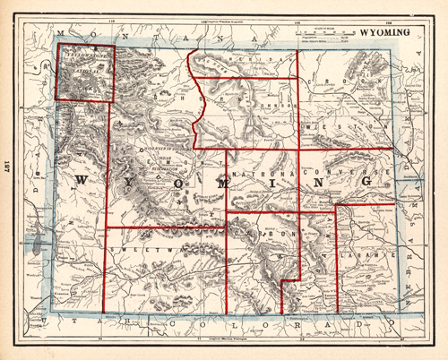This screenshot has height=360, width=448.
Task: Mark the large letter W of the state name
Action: (82, 183)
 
